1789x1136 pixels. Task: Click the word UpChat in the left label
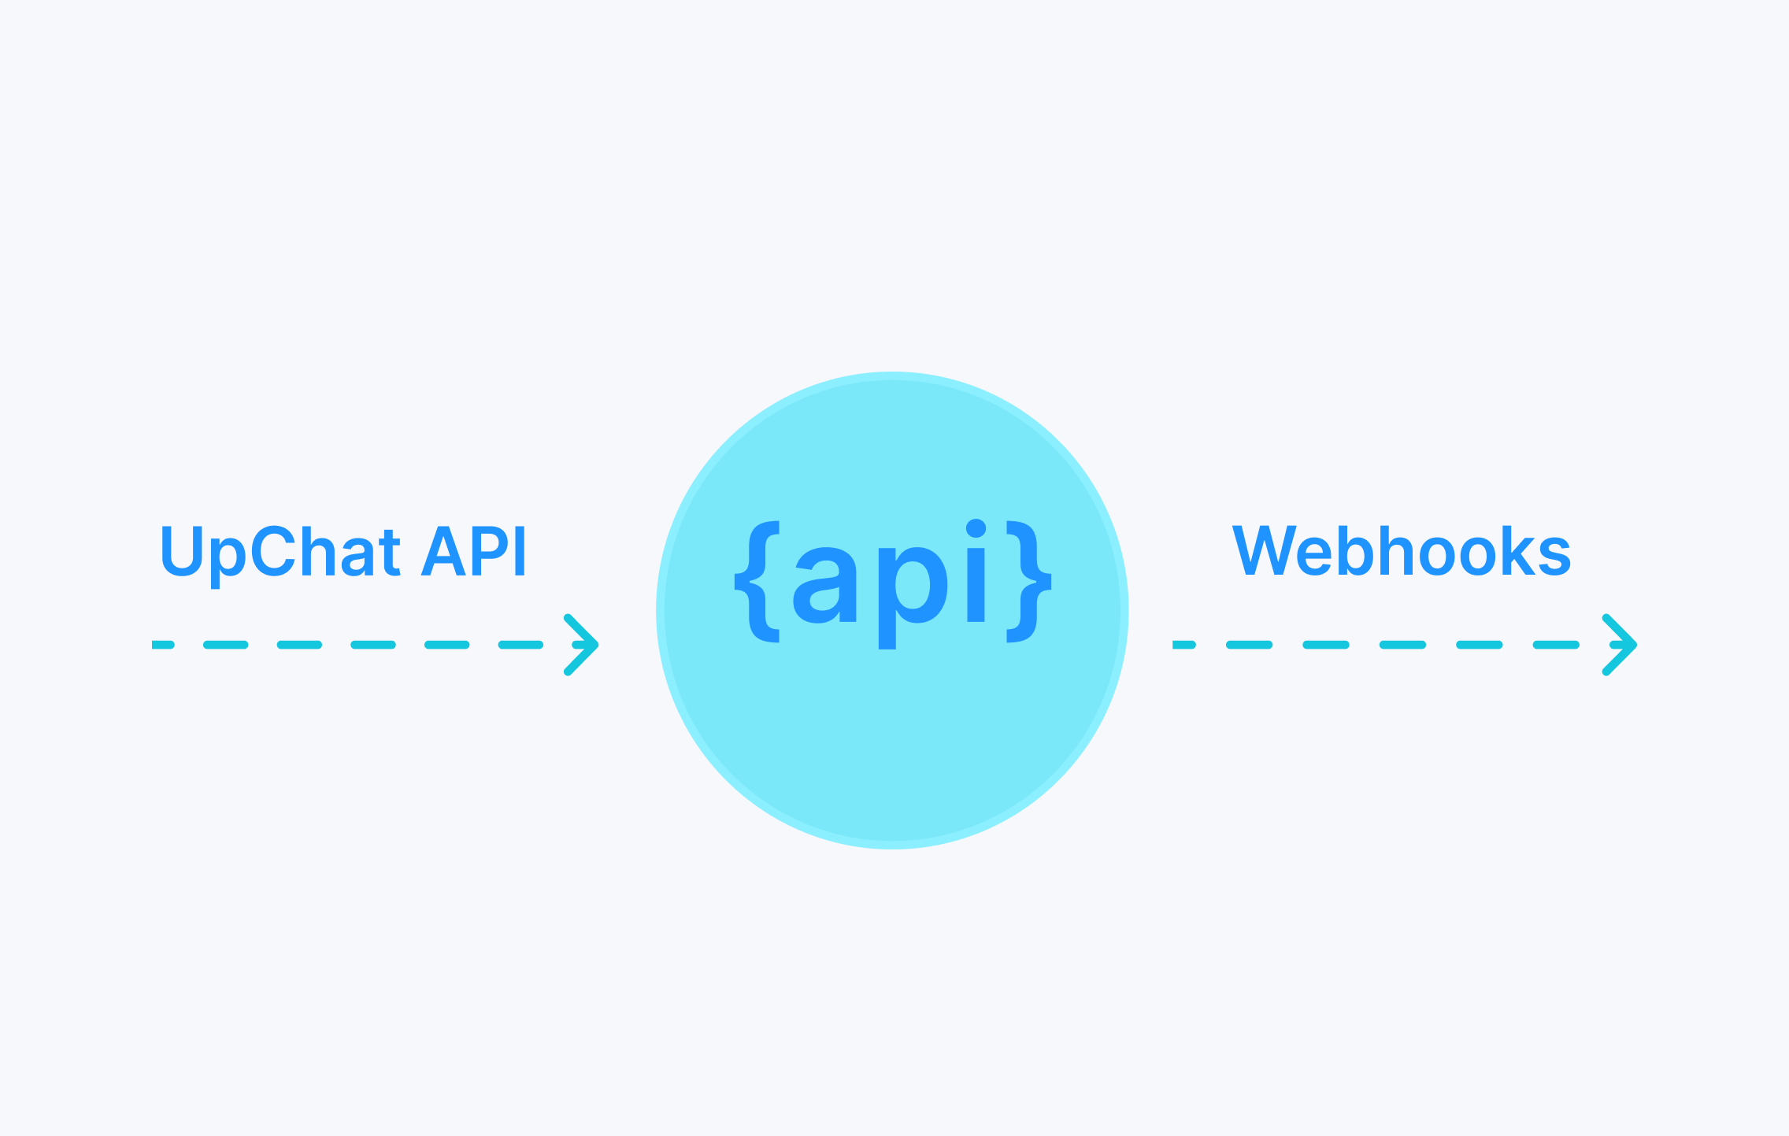click(x=280, y=554)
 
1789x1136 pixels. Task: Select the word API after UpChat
click(x=474, y=551)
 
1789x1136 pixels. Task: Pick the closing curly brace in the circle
click(x=1029, y=582)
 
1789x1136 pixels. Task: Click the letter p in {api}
click(x=913, y=595)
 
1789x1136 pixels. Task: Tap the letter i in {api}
click(x=976, y=571)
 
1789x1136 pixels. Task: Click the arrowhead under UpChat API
click(x=581, y=645)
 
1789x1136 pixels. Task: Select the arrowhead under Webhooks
click(x=1620, y=645)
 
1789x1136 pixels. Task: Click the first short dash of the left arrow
click(x=163, y=645)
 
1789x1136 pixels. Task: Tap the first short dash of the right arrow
click(x=1184, y=645)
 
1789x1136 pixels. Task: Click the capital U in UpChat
click(x=183, y=551)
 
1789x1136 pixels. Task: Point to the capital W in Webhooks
click(x=1269, y=549)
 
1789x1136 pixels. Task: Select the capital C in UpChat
click(x=276, y=551)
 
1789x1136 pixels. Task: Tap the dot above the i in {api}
click(x=976, y=528)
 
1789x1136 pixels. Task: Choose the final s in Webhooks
click(x=1553, y=556)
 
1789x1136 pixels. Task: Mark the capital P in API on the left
click(x=491, y=551)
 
